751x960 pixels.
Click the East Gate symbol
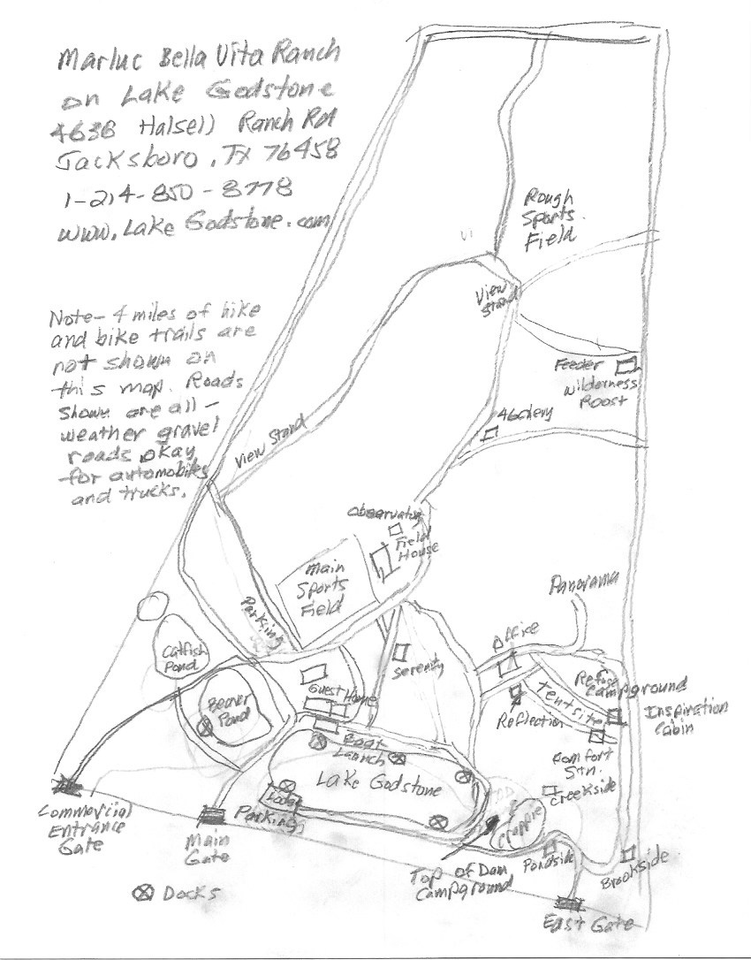pos(569,903)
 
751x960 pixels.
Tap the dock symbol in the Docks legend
pos(143,892)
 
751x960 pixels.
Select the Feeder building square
pos(628,363)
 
